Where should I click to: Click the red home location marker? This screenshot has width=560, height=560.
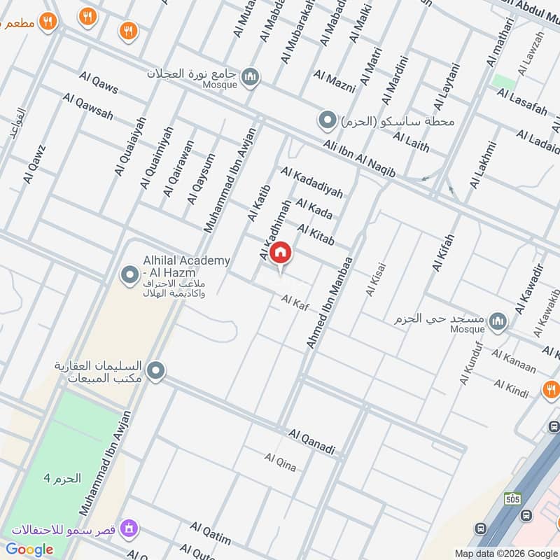click(281, 253)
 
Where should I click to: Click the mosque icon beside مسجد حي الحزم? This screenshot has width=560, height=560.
click(498, 321)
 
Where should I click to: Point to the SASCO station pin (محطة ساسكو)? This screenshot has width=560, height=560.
click(327, 121)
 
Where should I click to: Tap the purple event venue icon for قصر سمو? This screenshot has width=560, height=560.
click(128, 527)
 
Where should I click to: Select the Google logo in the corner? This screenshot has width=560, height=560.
click(29, 549)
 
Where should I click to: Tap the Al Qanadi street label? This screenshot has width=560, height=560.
click(312, 441)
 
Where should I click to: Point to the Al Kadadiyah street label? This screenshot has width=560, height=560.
click(311, 182)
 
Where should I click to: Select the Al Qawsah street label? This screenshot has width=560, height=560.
click(87, 106)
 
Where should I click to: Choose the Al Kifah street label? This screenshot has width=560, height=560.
click(443, 253)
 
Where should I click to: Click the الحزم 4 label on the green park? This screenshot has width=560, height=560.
click(62, 479)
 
